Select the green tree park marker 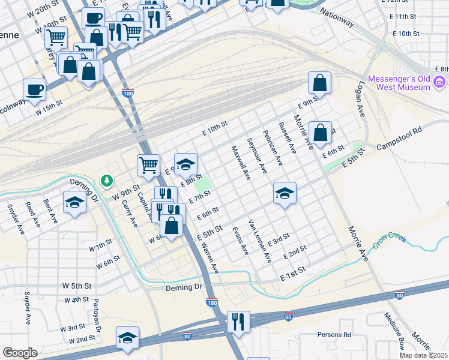107,180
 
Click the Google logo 20,353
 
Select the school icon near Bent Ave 74,202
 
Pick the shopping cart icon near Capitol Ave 148,164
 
